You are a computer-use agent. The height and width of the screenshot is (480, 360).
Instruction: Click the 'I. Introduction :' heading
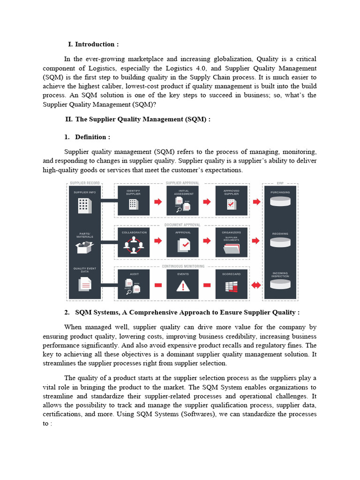click(93, 44)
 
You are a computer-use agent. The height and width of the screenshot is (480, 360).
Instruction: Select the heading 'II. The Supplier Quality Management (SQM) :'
click(138, 119)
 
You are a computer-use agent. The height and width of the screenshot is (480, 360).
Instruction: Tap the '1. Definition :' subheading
click(92, 137)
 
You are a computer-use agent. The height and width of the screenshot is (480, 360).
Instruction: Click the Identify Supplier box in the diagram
click(134, 201)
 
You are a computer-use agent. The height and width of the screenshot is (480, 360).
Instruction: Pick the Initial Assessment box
click(182, 201)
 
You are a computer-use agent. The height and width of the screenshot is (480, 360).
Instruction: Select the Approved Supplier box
click(231, 201)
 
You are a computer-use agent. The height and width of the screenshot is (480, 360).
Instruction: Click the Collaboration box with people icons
click(134, 242)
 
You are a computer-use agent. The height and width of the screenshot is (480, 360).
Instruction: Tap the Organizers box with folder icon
click(231, 242)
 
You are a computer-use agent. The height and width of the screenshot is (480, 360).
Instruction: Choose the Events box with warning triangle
click(182, 284)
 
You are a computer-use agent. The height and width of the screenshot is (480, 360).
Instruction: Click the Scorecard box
click(231, 284)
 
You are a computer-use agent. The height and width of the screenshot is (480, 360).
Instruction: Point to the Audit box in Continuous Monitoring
click(134, 284)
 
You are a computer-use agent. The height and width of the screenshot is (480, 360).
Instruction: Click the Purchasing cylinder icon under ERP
click(280, 202)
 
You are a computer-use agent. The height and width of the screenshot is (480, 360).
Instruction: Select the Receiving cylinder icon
click(280, 242)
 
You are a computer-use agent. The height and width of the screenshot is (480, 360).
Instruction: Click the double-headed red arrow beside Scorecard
click(256, 285)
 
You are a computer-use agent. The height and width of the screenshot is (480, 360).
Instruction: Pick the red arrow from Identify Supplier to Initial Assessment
click(158, 202)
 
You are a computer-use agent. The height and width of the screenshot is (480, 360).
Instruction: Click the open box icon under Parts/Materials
click(84, 246)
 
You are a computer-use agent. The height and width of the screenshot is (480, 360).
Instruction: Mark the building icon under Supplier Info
click(84, 204)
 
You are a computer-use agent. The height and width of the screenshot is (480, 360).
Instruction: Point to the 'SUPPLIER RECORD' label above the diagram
click(84, 183)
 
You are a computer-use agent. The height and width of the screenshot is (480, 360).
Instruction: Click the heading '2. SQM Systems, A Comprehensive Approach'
click(187, 312)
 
